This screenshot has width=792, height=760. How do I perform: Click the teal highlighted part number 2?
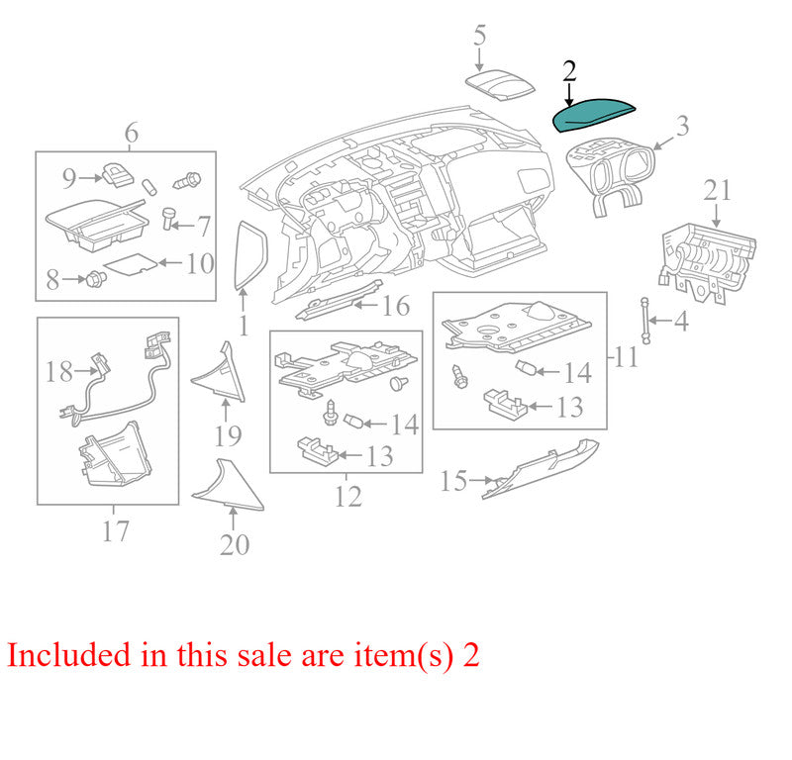click(x=592, y=115)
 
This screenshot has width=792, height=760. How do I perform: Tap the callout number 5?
click(x=480, y=36)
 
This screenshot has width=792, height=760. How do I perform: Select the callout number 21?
click(x=717, y=191)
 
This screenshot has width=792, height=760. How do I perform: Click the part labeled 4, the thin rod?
click(x=645, y=321)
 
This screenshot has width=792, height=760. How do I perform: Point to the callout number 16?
click(x=395, y=306)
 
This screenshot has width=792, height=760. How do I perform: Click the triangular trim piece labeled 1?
click(x=250, y=255)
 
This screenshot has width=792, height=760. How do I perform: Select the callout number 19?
click(x=228, y=436)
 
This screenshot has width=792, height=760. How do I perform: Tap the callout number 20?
click(x=235, y=545)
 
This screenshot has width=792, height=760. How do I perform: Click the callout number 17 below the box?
click(x=115, y=531)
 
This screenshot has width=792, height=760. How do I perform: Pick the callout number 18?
click(x=59, y=372)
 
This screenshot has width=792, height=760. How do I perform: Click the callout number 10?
click(x=200, y=263)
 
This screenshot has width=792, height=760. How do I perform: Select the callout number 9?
click(x=69, y=178)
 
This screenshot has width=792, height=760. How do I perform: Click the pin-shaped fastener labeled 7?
click(x=168, y=218)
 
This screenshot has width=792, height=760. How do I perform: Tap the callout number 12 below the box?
click(x=348, y=497)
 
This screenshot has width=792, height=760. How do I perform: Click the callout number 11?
click(x=627, y=358)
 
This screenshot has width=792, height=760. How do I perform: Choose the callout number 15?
click(x=453, y=481)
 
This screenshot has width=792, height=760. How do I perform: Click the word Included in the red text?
click(x=68, y=655)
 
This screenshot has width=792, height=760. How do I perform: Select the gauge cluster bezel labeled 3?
click(x=610, y=174)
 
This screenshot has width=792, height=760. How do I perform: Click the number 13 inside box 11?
click(x=570, y=408)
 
